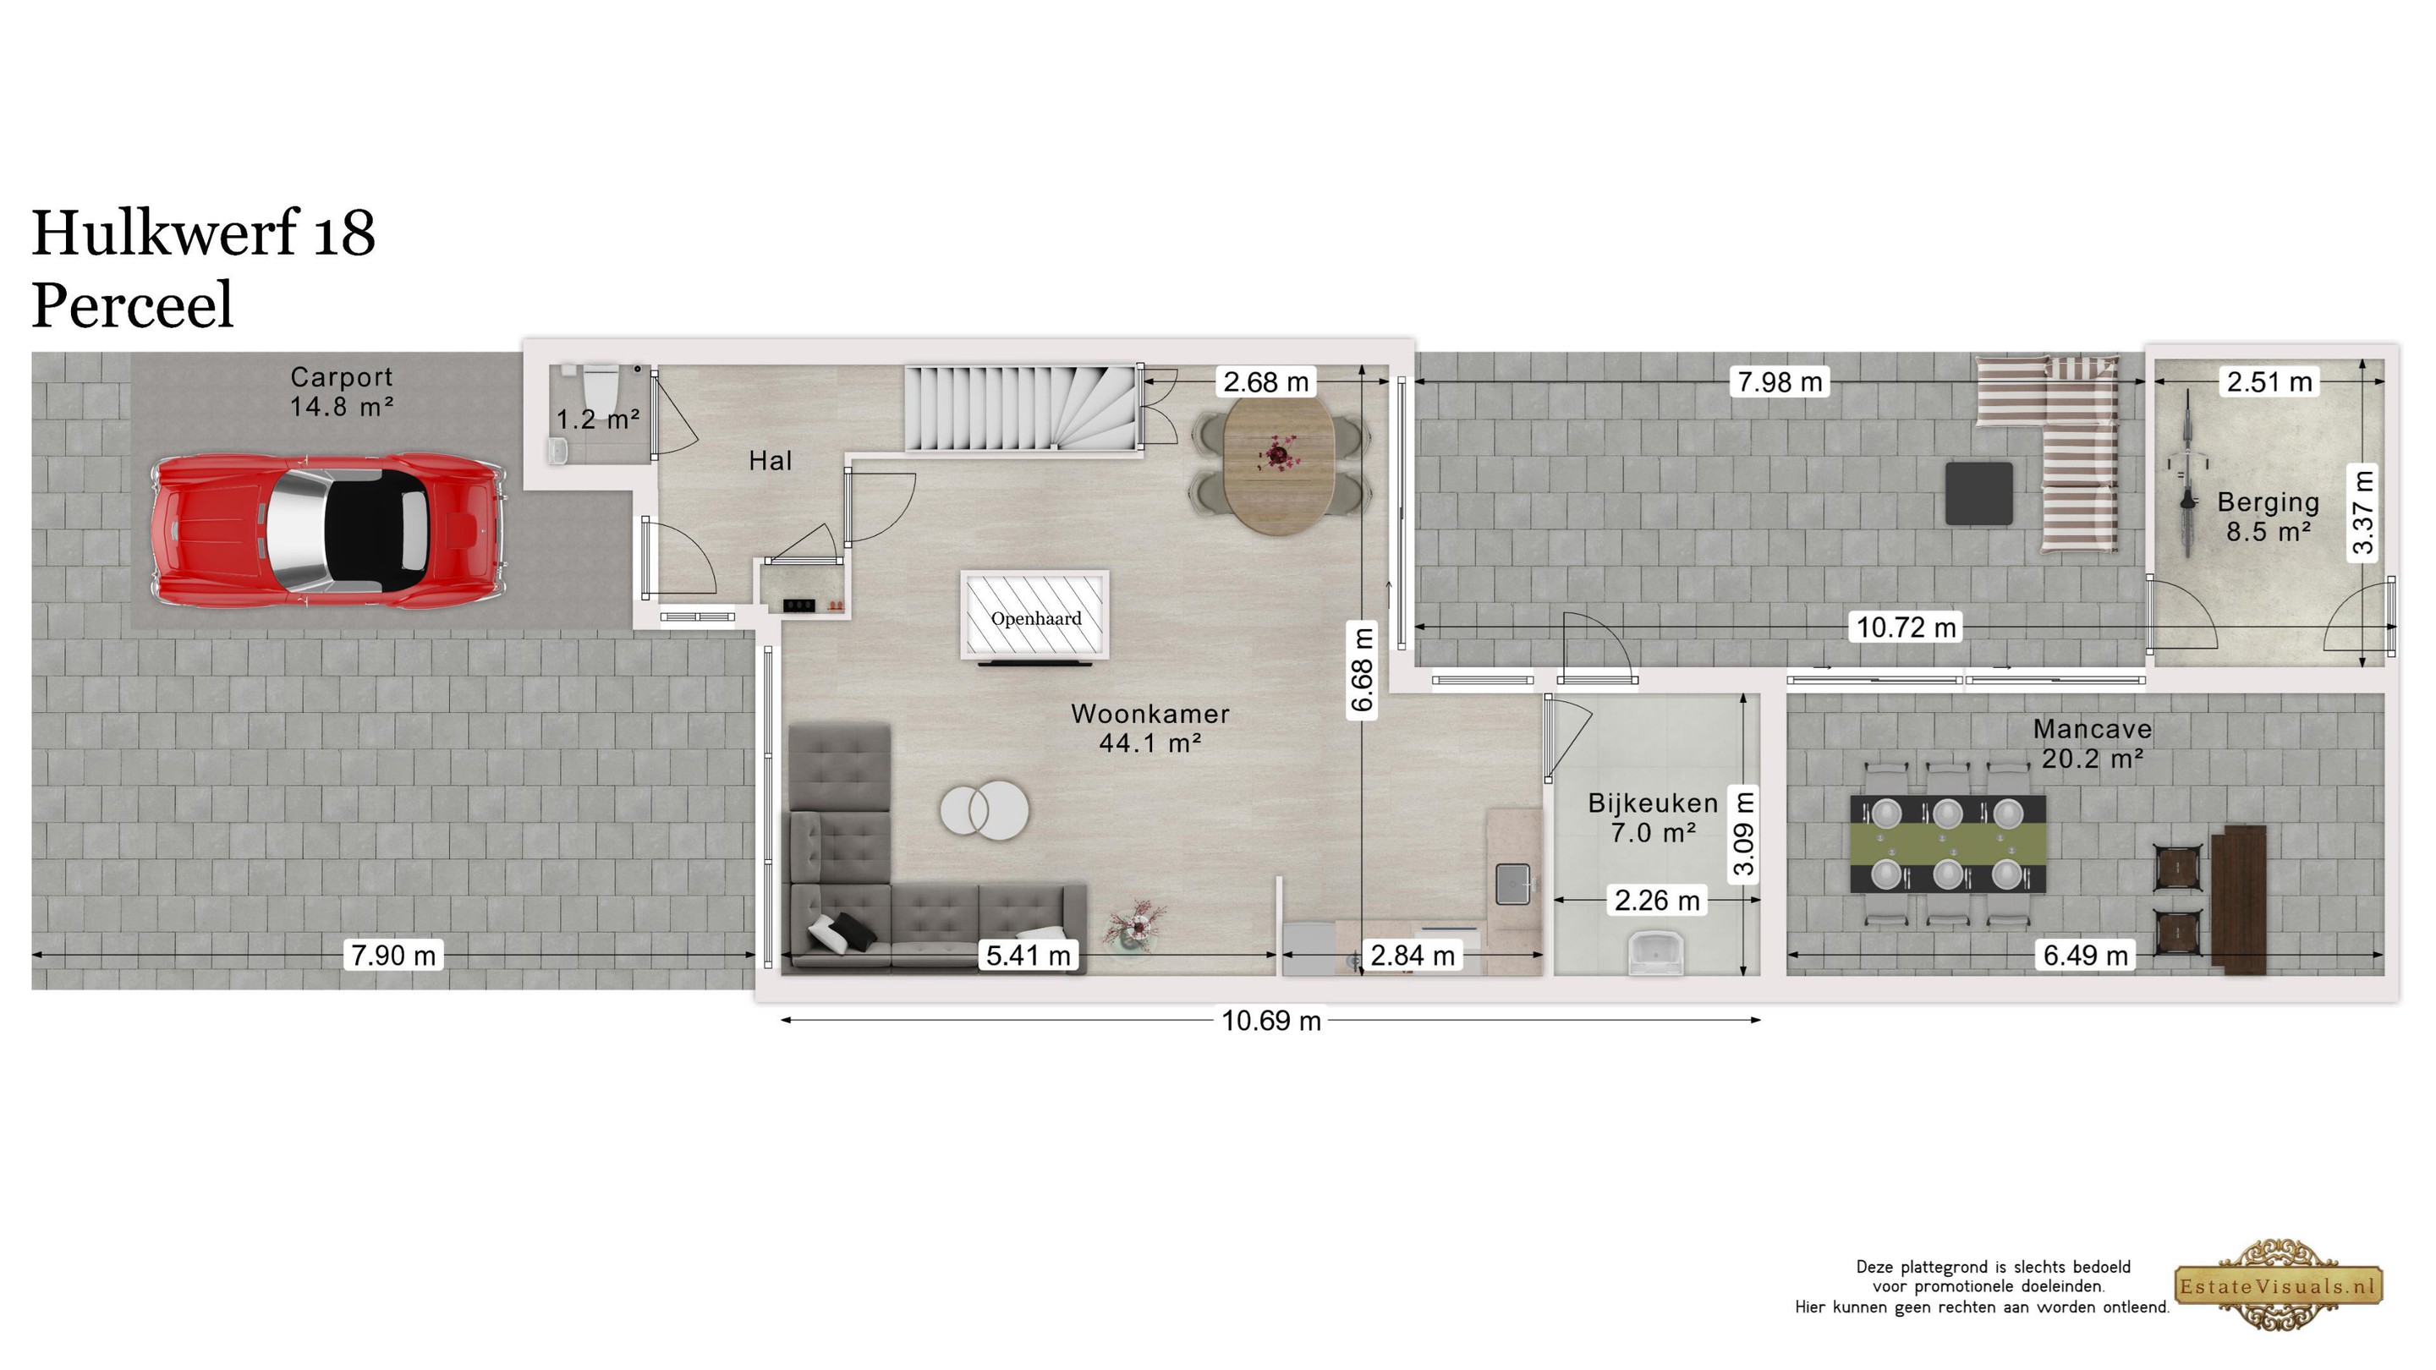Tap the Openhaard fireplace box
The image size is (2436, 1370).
[x=1034, y=615]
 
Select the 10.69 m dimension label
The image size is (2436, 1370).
[x=1271, y=1021]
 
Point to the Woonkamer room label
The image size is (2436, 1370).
[x=1150, y=714]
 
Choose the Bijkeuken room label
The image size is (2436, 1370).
[x=1653, y=803]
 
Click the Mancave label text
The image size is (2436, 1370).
[x=2092, y=729]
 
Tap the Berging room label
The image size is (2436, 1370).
[x=2268, y=502]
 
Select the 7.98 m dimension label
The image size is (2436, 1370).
[x=1779, y=382]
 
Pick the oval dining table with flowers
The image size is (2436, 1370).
[x=1279, y=465]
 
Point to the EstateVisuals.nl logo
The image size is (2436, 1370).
[x=2278, y=1285]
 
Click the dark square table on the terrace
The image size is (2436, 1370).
[x=1978, y=494]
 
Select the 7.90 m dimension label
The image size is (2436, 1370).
[x=393, y=956]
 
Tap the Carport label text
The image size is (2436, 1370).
[x=342, y=377]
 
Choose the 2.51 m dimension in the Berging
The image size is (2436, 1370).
[x=2269, y=382]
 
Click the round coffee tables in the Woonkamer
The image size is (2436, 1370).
[x=985, y=810]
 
